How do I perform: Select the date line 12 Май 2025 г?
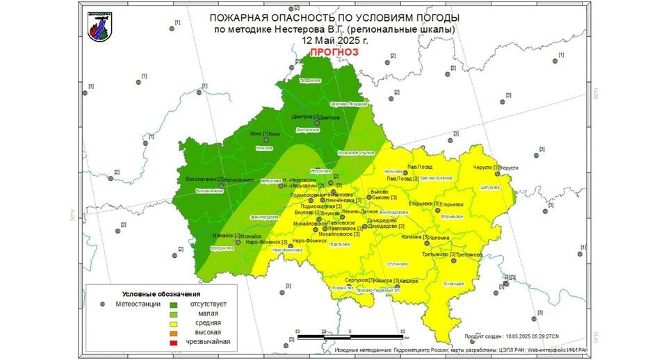[x=334, y=40]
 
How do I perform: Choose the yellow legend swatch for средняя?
[x=174, y=322]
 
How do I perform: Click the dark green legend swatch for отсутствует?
[x=174, y=303]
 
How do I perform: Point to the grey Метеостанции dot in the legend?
[x=102, y=303]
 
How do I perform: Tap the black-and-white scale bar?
[x=350, y=336]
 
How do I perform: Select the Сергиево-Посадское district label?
[x=349, y=104]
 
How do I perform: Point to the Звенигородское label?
[x=254, y=218]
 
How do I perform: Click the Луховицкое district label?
[x=453, y=283]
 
